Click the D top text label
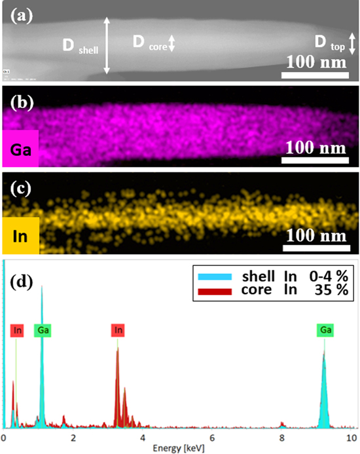click(x=327, y=44)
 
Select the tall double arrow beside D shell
click(x=107, y=45)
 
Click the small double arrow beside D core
click(x=172, y=44)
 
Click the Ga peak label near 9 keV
click(x=324, y=331)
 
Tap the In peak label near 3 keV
click(x=118, y=331)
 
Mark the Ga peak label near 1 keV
click(x=43, y=331)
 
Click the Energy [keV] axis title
click(x=179, y=448)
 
